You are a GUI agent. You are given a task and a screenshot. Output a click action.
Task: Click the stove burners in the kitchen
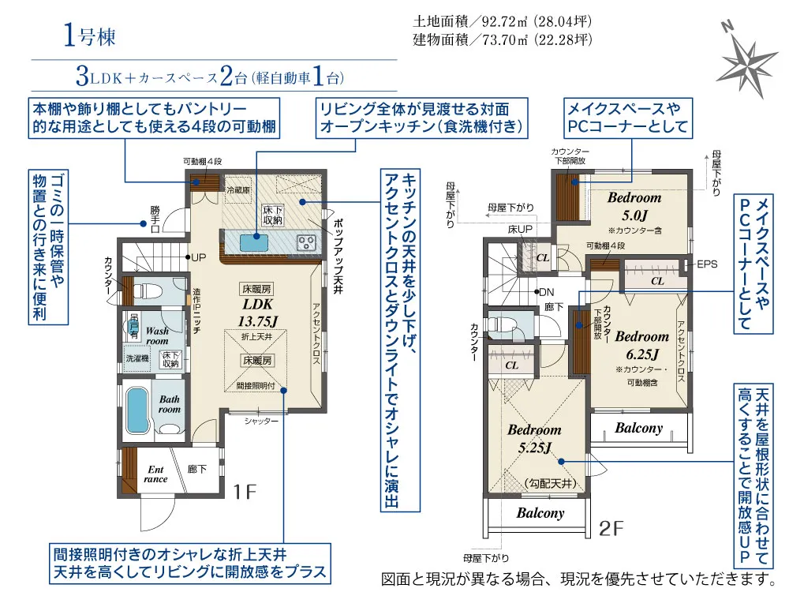point(306,243)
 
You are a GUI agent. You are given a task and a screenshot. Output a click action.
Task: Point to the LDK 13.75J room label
point(258,312)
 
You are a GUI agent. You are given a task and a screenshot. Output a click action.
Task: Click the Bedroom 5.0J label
point(634,206)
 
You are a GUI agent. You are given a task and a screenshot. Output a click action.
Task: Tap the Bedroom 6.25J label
point(642,345)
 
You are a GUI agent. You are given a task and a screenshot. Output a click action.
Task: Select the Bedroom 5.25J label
point(534,438)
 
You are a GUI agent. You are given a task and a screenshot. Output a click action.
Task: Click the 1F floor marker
point(245,491)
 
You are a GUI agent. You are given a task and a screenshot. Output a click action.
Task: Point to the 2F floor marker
point(611,528)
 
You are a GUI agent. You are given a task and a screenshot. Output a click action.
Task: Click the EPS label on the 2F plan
point(707,264)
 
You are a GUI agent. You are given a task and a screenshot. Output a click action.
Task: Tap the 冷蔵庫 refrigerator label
point(238,190)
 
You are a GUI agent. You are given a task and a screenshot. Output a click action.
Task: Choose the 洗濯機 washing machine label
point(137,358)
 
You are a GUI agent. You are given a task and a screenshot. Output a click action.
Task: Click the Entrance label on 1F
point(155,474)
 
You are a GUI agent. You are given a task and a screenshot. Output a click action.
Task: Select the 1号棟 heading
point(90,36)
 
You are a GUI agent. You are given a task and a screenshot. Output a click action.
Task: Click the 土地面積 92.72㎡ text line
point(502,21)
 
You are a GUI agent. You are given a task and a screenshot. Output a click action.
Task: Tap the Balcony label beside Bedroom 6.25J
point(638,428)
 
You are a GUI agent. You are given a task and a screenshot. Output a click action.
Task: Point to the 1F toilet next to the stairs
point(149,290)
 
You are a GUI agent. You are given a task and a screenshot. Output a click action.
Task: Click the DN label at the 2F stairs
point(546,292)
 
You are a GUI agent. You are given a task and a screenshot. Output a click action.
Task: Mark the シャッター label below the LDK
point(261,421)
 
